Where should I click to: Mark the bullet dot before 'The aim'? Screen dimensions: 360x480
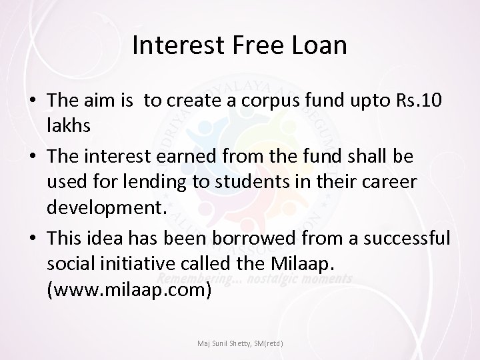[32, 101]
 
